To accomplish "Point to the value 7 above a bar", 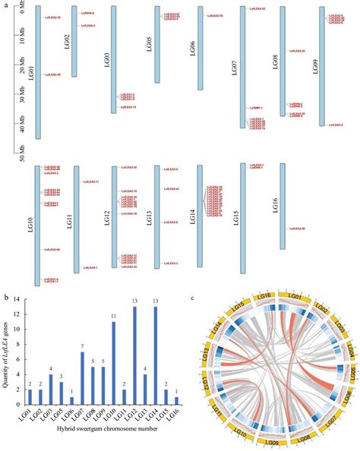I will point(82,347).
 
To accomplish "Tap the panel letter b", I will point(6,298).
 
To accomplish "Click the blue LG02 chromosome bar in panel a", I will point(74,42).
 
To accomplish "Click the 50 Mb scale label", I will point(21,157).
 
